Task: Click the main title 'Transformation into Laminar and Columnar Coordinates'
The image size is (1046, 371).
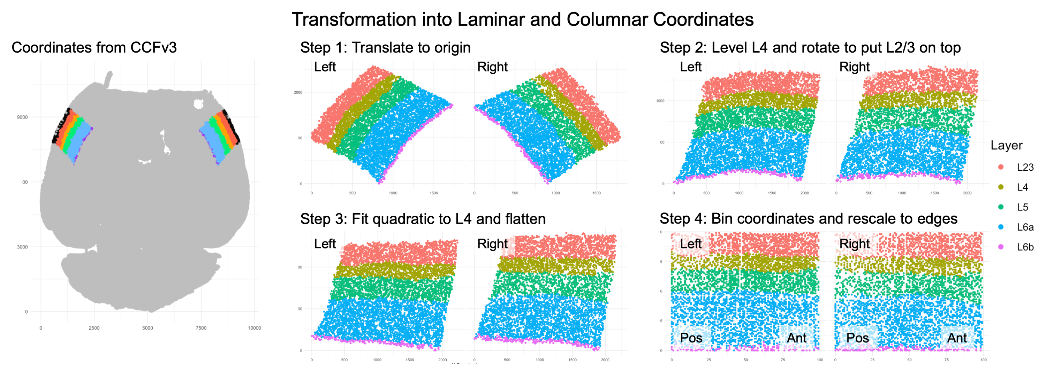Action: (523, 20)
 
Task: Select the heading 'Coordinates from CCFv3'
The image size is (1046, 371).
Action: (94, 47)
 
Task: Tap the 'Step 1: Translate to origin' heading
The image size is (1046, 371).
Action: (385, 47)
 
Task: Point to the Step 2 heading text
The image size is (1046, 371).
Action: (810, 47)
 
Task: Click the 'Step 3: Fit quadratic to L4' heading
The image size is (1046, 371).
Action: (423, 219)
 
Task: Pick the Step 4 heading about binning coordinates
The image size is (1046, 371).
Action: (808, 219)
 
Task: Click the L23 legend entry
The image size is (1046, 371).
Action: (1024, 167)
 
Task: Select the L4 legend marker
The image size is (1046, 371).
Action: (1001, 187)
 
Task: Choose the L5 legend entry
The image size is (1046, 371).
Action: (1022, 207)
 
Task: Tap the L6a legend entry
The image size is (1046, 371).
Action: (1025, 227)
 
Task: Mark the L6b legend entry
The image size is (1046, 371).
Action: (1025, 247)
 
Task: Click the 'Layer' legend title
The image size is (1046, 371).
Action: (1006, 145)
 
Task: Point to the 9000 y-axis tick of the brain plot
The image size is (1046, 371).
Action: (22, 117)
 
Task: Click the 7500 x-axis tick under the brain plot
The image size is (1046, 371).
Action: (201, 328)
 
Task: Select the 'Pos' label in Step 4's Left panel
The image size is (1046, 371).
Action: (691, 338)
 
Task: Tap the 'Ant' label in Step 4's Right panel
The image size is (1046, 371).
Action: (957, 338)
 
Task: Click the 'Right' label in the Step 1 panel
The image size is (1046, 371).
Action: (492, 67)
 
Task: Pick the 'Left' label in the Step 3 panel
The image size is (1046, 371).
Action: (325, 244)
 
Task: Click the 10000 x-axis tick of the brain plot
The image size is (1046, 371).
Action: (254, 328)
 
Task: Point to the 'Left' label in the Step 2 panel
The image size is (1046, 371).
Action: (690, 67)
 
